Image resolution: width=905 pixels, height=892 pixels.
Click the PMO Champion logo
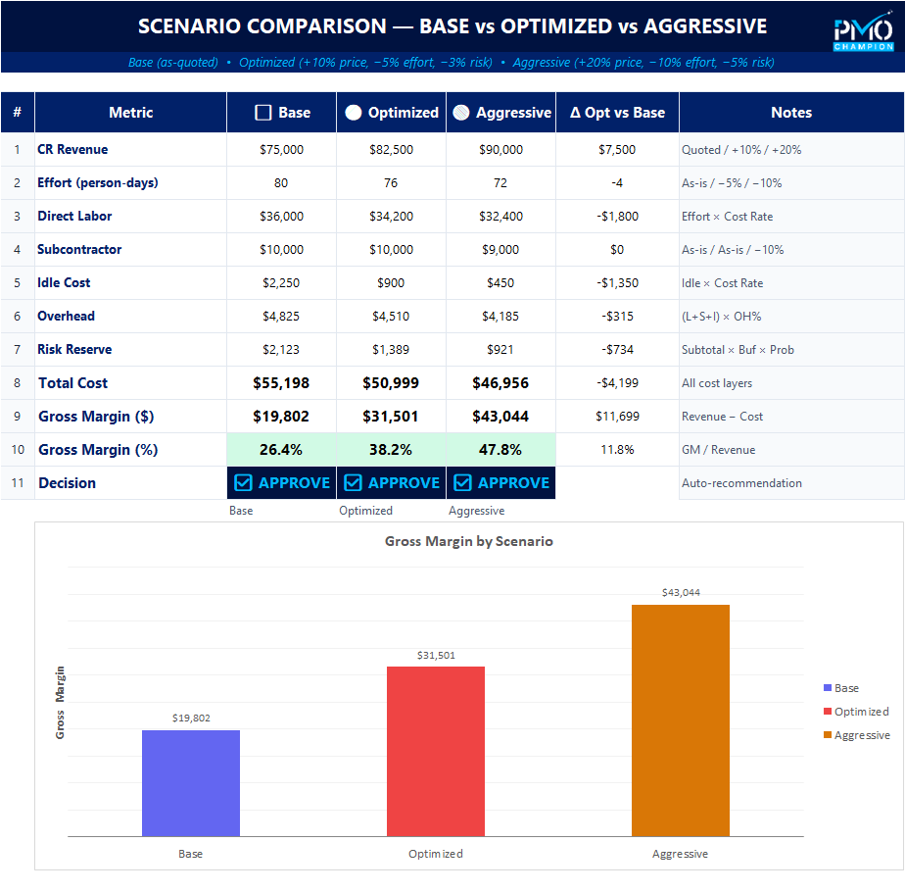click(x=863, y=33)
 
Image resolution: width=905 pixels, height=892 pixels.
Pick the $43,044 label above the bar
click(x=681, y=592)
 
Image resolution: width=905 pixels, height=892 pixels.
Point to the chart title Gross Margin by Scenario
click(x=468, y=541)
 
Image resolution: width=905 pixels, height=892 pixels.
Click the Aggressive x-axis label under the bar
click(x=680, y=854)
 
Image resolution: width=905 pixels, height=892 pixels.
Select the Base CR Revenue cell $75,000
click(x=281, y=150)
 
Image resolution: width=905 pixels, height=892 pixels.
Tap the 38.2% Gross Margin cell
click(x=391, y=450)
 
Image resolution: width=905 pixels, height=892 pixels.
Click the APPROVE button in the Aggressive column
click(x=501, y=482)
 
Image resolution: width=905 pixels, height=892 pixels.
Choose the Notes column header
click(x=791, y=113)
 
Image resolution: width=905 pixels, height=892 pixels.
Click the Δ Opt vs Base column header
click(x=617, y=113)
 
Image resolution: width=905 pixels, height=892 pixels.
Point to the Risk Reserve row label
click(x=74, y=349)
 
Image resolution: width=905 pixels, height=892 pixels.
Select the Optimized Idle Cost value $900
click(x=391, y=282)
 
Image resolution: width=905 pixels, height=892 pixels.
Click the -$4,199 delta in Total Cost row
click(x=617, y=383)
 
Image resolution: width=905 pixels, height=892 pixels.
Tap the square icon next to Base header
click(x=262, y=113)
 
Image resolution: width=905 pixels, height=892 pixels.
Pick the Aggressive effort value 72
click(x=500, y=183)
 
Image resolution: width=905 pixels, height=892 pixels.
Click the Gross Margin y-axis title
click(x=61, y=702)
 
